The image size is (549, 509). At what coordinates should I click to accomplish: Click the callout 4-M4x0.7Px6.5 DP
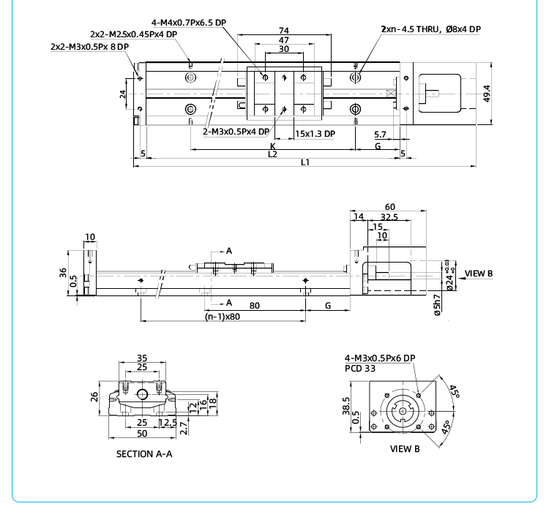(x=189, y=23)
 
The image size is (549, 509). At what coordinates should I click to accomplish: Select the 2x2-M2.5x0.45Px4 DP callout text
(x=133, y=34)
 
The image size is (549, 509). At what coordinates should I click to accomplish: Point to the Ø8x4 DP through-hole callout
(x=430, y=29)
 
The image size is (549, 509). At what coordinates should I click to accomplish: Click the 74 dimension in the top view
(x=283, y=31)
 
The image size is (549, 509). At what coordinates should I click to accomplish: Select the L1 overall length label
(x=305, y=162)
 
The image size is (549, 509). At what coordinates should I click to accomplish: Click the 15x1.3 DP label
(x=315, y=134)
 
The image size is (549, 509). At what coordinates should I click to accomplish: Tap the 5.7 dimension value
(x=380, y=135)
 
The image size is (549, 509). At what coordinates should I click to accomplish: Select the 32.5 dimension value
(x=389, y=217)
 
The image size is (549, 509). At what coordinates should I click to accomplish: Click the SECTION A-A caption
(x=144, y=454)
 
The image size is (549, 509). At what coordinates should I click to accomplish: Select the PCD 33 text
(x=360, y=369)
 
